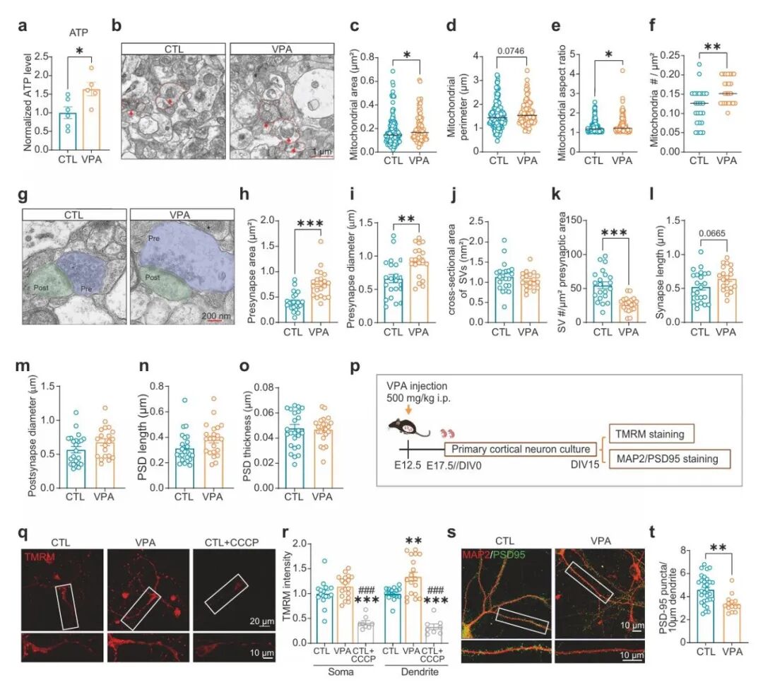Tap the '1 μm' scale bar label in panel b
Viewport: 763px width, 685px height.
coord(323,152)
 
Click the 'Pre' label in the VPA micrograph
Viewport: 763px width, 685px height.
coord(153,240)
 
